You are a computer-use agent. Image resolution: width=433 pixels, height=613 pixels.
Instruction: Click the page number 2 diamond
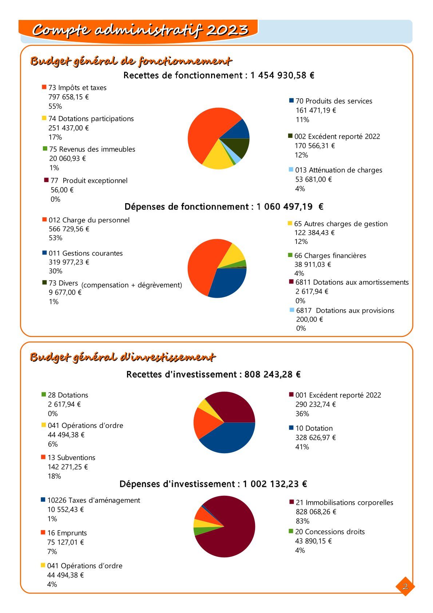405,586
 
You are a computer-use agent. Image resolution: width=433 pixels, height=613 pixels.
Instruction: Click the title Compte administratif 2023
140,30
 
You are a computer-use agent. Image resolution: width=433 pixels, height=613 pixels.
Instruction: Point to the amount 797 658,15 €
68,97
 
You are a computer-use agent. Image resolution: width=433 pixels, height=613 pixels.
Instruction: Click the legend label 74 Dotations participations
91,119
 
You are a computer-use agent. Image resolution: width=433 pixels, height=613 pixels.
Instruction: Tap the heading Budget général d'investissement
123,357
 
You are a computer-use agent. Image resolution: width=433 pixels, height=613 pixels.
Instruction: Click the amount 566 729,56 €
69,229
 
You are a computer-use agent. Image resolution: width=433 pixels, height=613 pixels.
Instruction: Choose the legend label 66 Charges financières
330,256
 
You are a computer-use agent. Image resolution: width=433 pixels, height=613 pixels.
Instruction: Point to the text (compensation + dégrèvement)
131,285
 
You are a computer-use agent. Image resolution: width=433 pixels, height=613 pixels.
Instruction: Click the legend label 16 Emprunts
67,533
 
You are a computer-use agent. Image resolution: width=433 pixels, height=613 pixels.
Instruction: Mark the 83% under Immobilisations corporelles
302,521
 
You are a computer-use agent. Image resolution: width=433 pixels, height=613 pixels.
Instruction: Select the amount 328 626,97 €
315,438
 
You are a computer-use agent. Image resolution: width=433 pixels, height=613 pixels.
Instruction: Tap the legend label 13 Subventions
71,458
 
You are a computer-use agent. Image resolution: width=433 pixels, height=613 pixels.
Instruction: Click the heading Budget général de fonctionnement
131,61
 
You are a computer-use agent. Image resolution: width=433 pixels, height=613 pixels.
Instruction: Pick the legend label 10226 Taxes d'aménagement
94,501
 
